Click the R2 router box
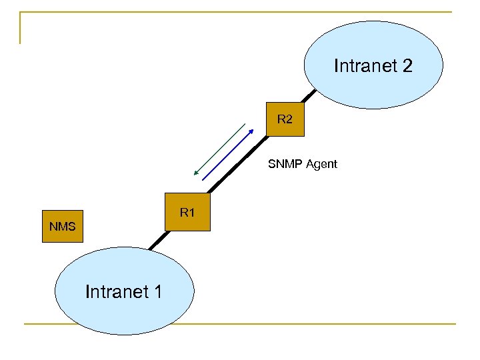coord(285,120)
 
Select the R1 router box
coord(187,213)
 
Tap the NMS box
coord(63,227)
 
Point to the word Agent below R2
coord(321,163)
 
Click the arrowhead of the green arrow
coord(195,174)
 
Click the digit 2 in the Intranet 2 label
coord(407,66)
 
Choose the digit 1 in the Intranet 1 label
coord(157,291)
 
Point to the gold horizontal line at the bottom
coord(240,325)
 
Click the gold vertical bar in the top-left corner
coord(21,28)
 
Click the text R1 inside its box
coord(187,213)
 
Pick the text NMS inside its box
coord(63,227)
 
